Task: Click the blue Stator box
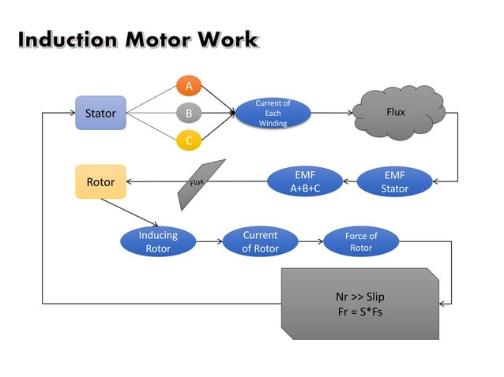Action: pyautogui.click(x=100, y=113)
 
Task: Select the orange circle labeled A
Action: pyautogui.click(x=189, y=84)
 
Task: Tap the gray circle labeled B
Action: pyautogui.click(x=189, y=113)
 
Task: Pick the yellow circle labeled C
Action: pyautogui.click(x=189, y=141)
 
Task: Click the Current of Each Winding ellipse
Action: pyautogui.click(x=273, y=113)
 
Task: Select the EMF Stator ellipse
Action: pyautogui.click(x=394, y=181)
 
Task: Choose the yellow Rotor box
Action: pyautogui.click(x=100, y=181)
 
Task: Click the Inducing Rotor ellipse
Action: pyautogui.click(x=158, y=241)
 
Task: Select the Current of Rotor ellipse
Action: pyautogui.click(x=260, y=241)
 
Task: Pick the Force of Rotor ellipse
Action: pyautogui.click(x=361, y=241)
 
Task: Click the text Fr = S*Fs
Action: pyautogui.click(x=359, y=312)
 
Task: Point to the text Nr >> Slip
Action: pyautogui.click(x=359, y=297)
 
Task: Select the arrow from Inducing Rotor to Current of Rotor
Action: pyautogui.click(x=209, y=241)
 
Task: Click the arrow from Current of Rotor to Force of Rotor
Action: pyautogui.click(x=310, y=241)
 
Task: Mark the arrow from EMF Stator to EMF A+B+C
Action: pyautogui.click(x=349, y=181)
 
